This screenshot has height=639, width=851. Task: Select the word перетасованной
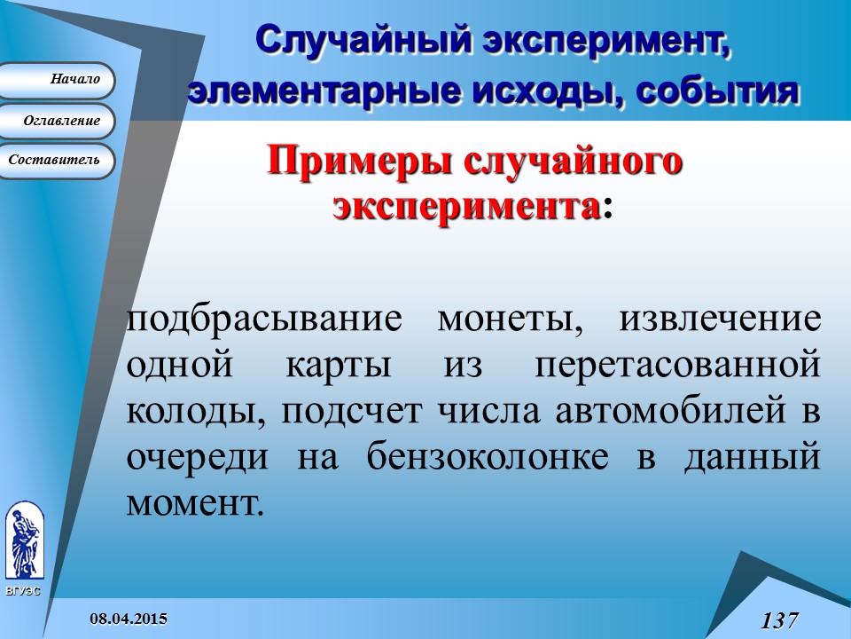pyautogui.click(x=676, y=365)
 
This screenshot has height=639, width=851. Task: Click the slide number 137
pyautogui.click(x=779, y=619)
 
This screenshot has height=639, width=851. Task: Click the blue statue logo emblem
pyautogui.click(x=23, y=541)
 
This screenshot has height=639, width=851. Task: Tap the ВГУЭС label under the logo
pyautogui.click(x=22, y=591)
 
